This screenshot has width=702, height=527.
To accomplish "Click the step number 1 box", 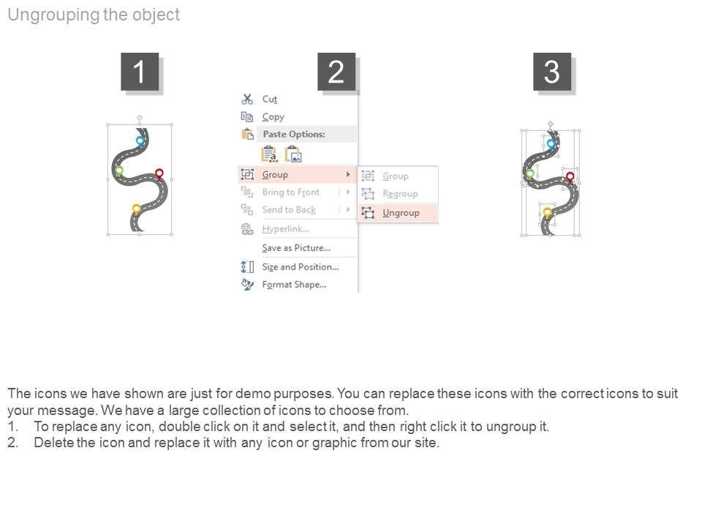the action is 140,72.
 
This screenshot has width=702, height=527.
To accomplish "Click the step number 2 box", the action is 336,72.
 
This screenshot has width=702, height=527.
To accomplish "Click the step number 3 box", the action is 552,72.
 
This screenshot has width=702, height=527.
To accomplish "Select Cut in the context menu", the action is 270,99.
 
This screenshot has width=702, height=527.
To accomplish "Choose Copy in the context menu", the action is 273,117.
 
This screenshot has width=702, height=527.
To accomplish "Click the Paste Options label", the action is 294,134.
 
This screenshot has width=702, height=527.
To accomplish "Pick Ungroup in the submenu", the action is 401,213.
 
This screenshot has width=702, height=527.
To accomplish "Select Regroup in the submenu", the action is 400,193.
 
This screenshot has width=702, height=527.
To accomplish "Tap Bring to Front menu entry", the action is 291,193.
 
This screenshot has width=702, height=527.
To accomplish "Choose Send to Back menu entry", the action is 289,210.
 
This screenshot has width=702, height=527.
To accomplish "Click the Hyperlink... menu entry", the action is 286,229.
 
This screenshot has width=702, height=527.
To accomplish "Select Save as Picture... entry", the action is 296,248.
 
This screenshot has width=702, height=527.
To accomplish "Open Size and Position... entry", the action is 301,267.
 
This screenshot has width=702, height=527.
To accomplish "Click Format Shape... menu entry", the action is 294,285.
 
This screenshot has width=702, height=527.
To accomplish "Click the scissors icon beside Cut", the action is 247,99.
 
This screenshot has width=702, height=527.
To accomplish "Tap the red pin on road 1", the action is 159,173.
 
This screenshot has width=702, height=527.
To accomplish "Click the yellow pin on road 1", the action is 137,209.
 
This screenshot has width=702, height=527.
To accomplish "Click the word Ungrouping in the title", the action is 53,15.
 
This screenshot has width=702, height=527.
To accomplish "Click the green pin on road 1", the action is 118,171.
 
